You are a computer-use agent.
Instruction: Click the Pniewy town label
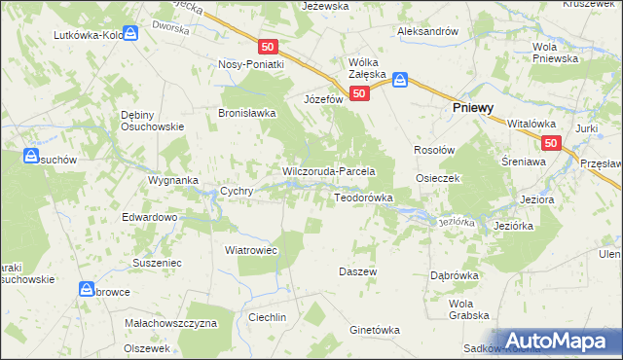point(476,110)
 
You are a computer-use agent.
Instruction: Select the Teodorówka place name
point(363,198)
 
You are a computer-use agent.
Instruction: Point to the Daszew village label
point(357,271)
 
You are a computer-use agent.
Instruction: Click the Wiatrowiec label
point(251,250)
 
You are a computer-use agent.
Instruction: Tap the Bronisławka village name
point(247,113)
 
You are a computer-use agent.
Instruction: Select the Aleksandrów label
point(427,31)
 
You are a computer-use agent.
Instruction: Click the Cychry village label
point(238,192)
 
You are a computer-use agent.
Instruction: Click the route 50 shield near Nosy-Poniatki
point(270,46)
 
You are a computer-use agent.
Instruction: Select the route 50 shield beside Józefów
point(360,93)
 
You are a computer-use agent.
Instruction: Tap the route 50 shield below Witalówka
point(552,143)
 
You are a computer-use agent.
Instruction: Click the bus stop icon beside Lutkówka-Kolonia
point(130,32)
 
